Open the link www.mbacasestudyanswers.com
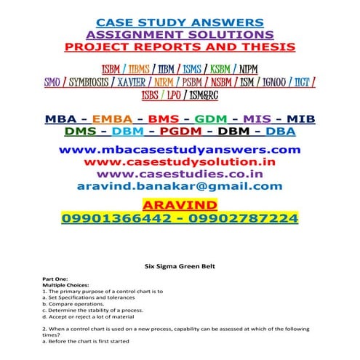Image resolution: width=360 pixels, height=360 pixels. (x=180, y=150)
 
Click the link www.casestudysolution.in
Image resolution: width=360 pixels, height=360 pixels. (x=180, y=162)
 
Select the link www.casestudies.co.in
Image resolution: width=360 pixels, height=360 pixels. (x=180, y=175)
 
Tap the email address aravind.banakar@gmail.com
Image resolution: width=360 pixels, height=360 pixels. (x=180, y=187)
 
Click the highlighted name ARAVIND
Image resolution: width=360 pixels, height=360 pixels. (x=180, y=204)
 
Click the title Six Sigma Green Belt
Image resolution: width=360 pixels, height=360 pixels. (x=180, y=268)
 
